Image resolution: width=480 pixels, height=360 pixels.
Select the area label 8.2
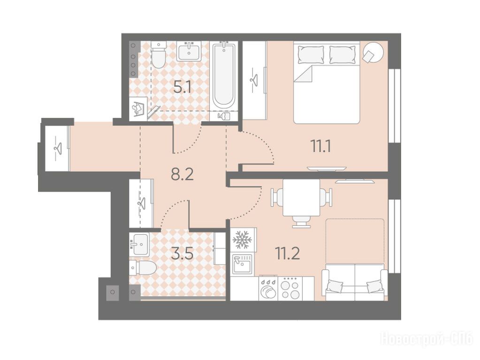pos(183,175)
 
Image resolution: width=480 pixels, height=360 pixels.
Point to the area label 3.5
pos(182,254)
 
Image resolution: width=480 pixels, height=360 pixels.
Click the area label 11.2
pos(288,253)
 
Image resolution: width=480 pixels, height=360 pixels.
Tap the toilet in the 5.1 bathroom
pos(159,54)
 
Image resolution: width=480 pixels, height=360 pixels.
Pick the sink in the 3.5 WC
pos(140,244)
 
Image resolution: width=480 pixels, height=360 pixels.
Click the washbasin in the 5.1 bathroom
pos(189,51)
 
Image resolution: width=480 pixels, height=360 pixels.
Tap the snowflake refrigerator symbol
pos(242,240)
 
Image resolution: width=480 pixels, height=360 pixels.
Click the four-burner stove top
pos(290,288)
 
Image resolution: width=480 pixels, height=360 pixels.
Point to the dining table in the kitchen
pos(301,198)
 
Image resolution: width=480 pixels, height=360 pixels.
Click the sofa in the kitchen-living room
pos(355,282)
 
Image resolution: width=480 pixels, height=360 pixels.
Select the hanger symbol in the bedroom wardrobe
pos(254,81)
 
